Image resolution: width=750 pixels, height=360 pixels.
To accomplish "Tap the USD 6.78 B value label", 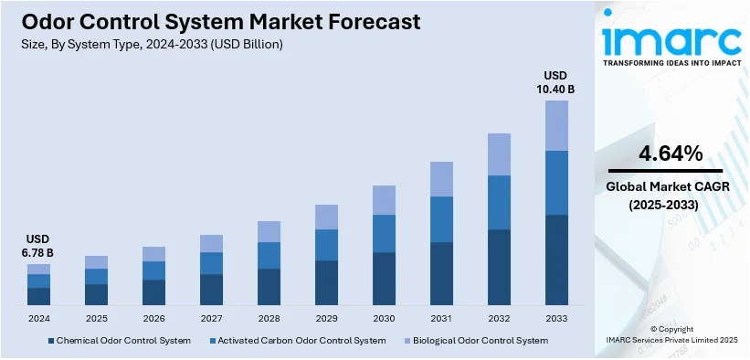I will (38, 246).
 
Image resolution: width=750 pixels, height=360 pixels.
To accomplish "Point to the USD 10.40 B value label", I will (555, 82).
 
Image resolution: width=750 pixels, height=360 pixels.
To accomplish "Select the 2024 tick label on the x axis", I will (38, 318).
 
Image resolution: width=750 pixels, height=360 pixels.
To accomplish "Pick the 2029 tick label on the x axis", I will (326, 318).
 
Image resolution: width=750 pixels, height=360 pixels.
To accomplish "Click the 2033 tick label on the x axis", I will (556, 318).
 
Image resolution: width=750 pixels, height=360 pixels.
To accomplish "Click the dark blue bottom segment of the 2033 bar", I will (556, 259).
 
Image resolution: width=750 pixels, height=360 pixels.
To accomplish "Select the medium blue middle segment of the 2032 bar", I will (499, 202).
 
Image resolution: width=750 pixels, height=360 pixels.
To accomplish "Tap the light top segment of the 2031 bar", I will (441, 179).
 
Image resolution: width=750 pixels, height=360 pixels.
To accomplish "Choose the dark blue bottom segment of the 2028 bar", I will (269, 286).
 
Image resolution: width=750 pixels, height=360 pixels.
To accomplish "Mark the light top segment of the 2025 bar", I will (96, 262).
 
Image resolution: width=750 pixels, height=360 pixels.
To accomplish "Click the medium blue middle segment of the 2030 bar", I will (384, 233).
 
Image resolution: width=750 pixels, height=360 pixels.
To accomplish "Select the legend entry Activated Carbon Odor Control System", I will (297, 341).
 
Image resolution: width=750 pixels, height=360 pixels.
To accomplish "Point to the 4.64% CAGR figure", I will (671, 154).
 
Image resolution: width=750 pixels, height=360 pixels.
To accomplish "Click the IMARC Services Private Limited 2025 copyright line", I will (671, 340).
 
